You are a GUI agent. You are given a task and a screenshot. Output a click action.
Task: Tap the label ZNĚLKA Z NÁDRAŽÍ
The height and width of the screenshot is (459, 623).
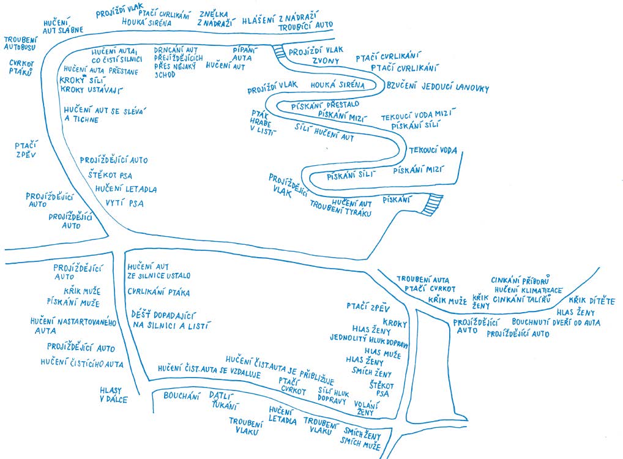(217, 18)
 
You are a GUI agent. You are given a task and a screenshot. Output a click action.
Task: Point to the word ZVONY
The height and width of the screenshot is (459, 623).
(325, 61)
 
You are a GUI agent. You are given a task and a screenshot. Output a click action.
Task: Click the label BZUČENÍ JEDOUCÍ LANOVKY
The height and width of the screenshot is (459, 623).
(438, 88)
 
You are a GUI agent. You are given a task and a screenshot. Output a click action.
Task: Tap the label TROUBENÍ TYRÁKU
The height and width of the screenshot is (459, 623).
(341, 212)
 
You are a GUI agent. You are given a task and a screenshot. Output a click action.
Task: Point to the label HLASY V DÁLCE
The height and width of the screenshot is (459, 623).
(114, 395)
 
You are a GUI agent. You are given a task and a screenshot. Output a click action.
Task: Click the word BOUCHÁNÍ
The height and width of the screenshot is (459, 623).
(182, 396)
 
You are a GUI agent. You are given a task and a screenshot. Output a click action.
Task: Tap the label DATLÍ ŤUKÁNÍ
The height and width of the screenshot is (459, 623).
(223, 400)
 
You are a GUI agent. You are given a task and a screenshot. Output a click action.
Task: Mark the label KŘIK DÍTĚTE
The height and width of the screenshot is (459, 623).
(591, 300)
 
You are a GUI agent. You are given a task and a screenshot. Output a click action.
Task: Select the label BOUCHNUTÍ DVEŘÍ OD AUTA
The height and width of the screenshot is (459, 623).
(556, 322)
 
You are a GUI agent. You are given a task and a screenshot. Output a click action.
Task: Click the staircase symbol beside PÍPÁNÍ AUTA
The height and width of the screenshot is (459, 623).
(280, 52)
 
